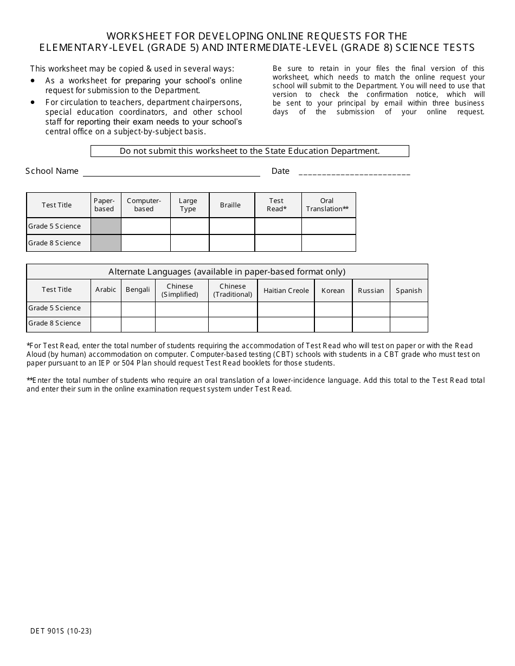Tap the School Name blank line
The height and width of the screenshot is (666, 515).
[x=171, y=172]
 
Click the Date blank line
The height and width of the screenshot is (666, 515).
[x=354, y=172]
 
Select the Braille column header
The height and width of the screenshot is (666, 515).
[x=230, y=205]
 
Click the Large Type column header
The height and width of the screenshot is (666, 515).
[x=188, y=205]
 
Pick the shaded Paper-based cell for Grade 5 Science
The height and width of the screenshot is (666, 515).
[x=106, y=226]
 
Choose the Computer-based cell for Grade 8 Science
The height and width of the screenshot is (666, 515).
[x=145, y=243]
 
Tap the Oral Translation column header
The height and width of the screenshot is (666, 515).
[x=327, y=205]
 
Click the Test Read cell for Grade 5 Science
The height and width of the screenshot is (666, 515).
[x=278, y=226]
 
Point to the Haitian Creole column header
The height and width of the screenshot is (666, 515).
[x=286, y=291]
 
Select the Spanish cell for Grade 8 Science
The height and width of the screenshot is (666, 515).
[x=409, y=324]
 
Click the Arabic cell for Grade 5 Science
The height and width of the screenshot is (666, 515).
[x=106, y=309]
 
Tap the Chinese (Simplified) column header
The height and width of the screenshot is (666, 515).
[x=180, y=291]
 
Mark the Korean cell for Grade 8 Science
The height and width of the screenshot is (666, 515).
[x=333, y=324]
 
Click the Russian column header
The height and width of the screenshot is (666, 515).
[x=371, y=291]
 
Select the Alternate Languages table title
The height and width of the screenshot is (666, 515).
[x=227, y=272]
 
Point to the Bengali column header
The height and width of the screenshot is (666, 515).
[x=138, y=290]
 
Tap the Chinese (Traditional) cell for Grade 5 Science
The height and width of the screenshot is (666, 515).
[x=233, y=309]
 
